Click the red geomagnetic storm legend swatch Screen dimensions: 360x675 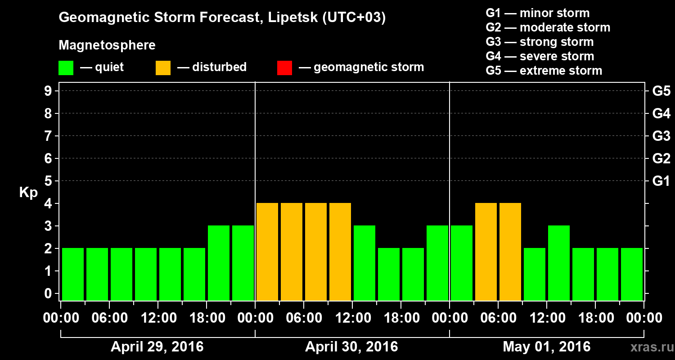284,67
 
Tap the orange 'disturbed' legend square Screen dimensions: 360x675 163,67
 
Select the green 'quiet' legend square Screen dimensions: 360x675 66,67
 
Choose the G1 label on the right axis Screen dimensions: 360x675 661,181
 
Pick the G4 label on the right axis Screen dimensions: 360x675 661,114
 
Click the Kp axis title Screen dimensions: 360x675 28,193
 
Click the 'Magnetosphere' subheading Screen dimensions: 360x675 107,45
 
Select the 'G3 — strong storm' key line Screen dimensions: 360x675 540,42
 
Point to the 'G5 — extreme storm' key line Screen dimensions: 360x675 544,71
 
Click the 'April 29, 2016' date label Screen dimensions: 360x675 157,347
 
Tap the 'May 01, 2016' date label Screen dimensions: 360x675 546,347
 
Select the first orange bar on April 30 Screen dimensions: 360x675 267,252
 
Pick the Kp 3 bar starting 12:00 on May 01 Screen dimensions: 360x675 559,263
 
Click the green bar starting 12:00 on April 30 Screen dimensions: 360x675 364,263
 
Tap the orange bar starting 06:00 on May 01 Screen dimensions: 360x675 510,252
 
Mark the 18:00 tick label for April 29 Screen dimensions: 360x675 207,318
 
